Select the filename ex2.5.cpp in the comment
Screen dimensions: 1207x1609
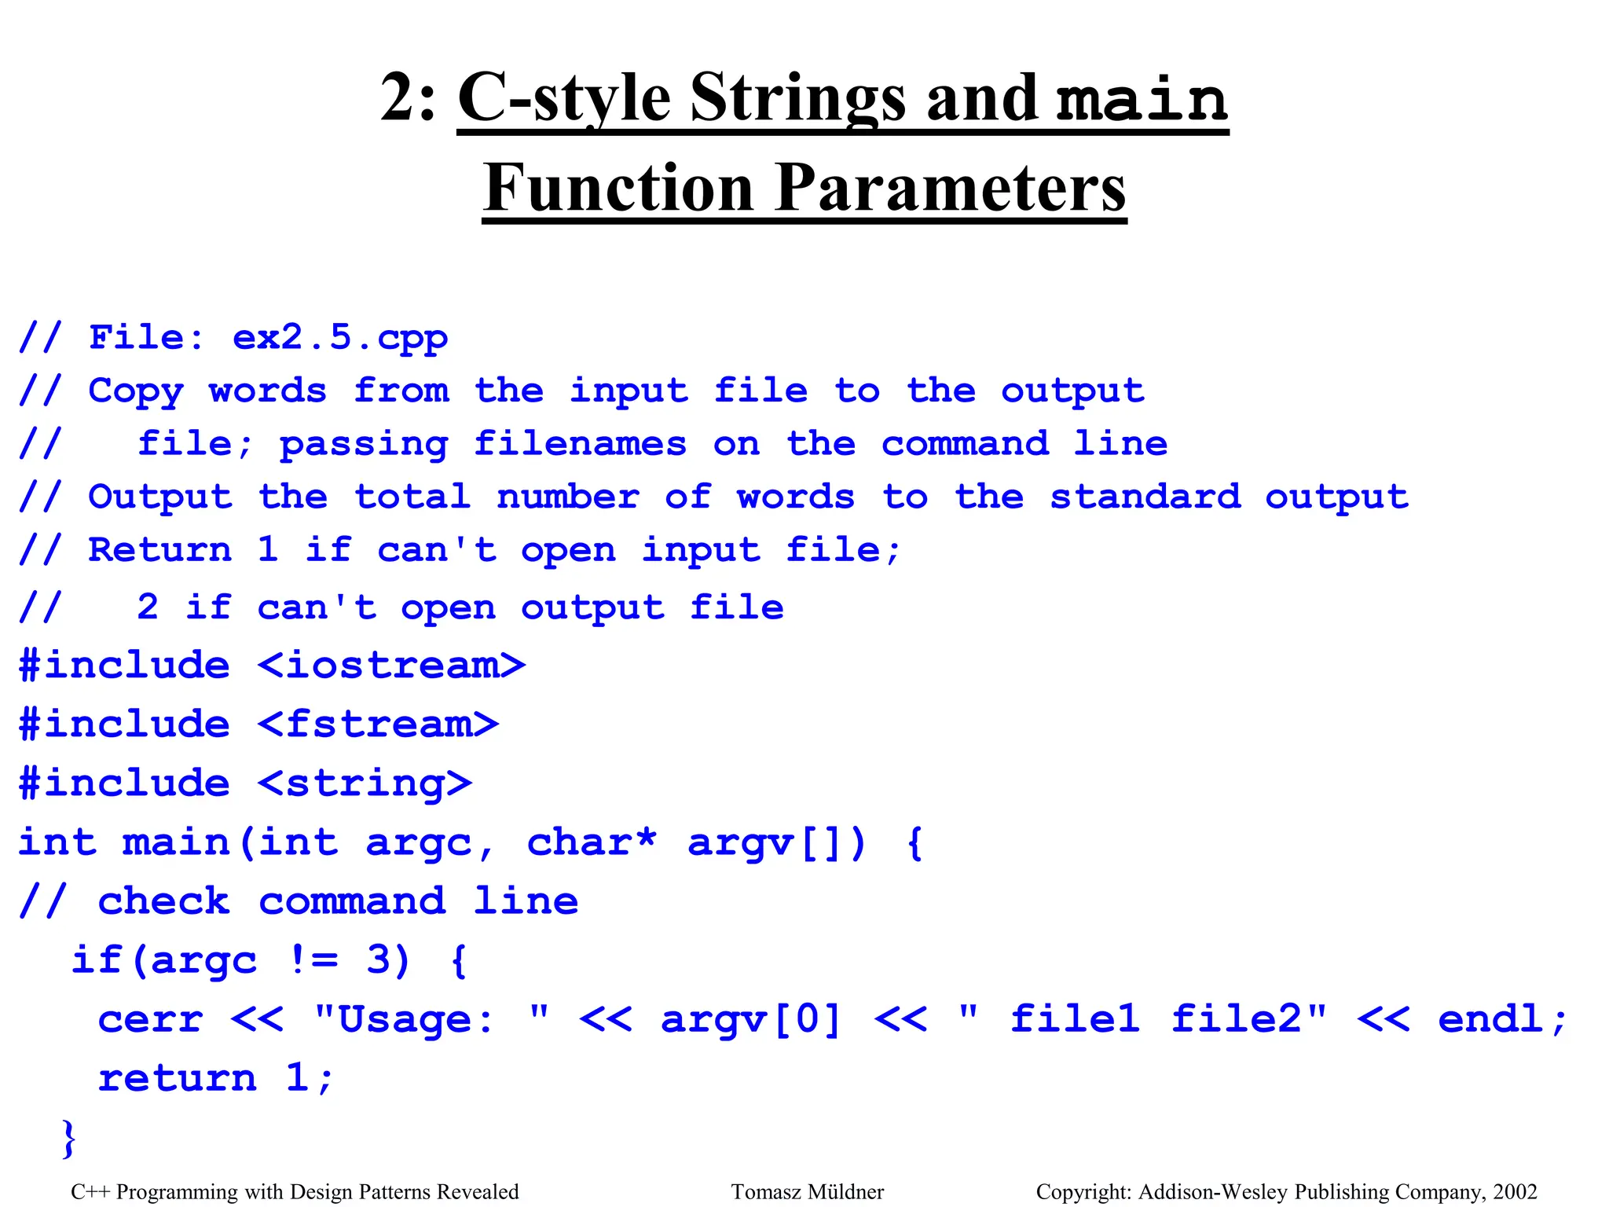(x=339, y=338)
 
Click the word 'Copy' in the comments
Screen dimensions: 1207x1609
(x=136, y=391)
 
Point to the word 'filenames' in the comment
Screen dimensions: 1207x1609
(x=580, y=444)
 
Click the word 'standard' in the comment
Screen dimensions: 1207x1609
(x=1145, y=497)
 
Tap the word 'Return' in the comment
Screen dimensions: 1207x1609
(x=159, y=549)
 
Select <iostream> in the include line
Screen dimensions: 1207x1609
(x=391, y=666)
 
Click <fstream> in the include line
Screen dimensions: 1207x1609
(x=378, y=724)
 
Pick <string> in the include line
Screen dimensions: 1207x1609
(x=365, y=783)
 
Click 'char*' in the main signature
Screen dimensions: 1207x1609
(x=591, y=842)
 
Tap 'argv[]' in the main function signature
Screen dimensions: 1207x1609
(x=775, y=842)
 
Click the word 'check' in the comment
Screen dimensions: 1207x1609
(x=163, y=901)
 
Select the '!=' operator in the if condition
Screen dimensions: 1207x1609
(x=313, y=959)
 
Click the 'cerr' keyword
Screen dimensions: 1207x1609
(x=150, y=1019)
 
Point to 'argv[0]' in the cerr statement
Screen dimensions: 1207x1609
(x=750, y=1019)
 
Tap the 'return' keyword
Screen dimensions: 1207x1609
(x=177, y=1077)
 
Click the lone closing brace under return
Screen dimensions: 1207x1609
(x=69, y=1137)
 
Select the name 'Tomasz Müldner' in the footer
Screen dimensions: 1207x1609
(x=807, y=1192)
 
